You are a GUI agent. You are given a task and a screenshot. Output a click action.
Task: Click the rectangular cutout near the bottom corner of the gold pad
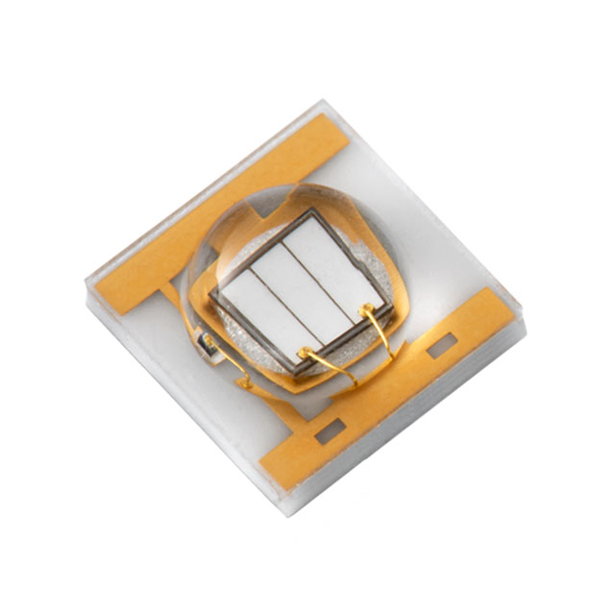click(x=328, y=433)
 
